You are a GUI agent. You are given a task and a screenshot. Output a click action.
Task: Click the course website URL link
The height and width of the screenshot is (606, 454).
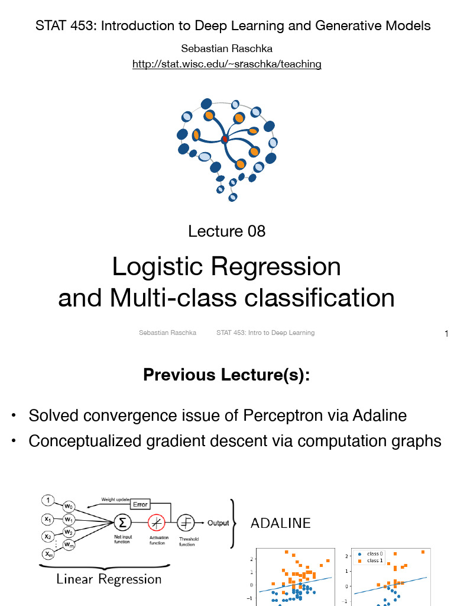[227, 64]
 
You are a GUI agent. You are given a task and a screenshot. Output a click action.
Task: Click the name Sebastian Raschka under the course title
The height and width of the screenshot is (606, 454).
[227, 49]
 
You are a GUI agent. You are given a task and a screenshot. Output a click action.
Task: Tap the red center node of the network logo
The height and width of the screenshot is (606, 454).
[225, 140]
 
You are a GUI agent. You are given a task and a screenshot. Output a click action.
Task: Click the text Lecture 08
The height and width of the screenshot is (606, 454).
[227, 231]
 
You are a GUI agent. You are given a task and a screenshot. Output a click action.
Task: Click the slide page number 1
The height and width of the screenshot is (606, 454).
[446, 334]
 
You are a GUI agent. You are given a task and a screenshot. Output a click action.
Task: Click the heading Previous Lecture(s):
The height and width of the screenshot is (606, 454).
[227, 375]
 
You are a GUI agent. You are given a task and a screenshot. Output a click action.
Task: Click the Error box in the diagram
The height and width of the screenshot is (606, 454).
[140, 504]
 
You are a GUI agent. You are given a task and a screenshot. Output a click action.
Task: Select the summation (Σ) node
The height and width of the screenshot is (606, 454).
[122, 523]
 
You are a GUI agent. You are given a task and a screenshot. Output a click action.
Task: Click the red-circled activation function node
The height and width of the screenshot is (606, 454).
[157, 523]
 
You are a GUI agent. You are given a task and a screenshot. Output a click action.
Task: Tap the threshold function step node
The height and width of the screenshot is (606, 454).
[187, 523]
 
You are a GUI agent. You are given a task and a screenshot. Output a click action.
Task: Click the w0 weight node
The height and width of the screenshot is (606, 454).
[69, 507]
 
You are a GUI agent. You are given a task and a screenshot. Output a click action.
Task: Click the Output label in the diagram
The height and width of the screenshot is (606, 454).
[218, 523]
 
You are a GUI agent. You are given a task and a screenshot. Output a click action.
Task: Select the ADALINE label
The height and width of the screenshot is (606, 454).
[281, 523]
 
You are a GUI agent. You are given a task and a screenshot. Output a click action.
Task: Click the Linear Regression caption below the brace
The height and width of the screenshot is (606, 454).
[109, 579]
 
